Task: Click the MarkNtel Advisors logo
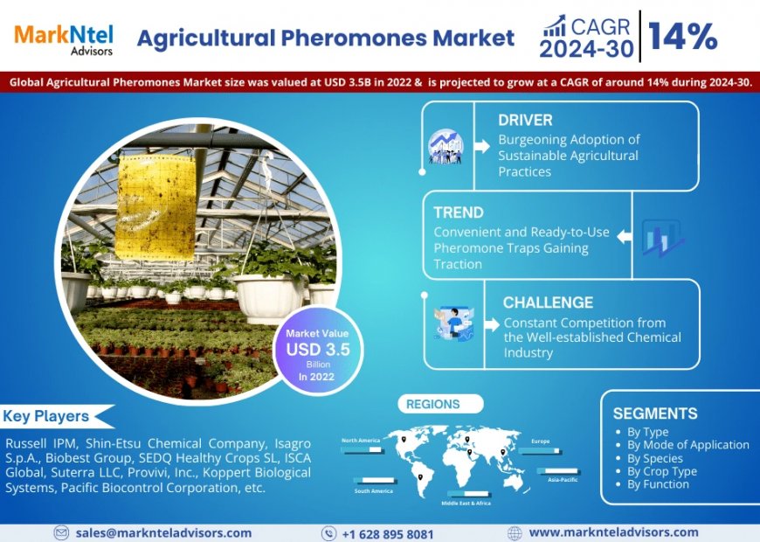62,37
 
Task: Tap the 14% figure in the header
683,37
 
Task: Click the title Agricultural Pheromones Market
326,38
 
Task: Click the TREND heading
459,212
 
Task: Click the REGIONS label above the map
433,404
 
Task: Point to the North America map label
361,441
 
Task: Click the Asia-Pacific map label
563,479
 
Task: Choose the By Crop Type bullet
661,471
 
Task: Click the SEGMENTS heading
655,413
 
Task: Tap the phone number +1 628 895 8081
388,532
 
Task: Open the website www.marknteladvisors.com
613,532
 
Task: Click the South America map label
373,490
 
